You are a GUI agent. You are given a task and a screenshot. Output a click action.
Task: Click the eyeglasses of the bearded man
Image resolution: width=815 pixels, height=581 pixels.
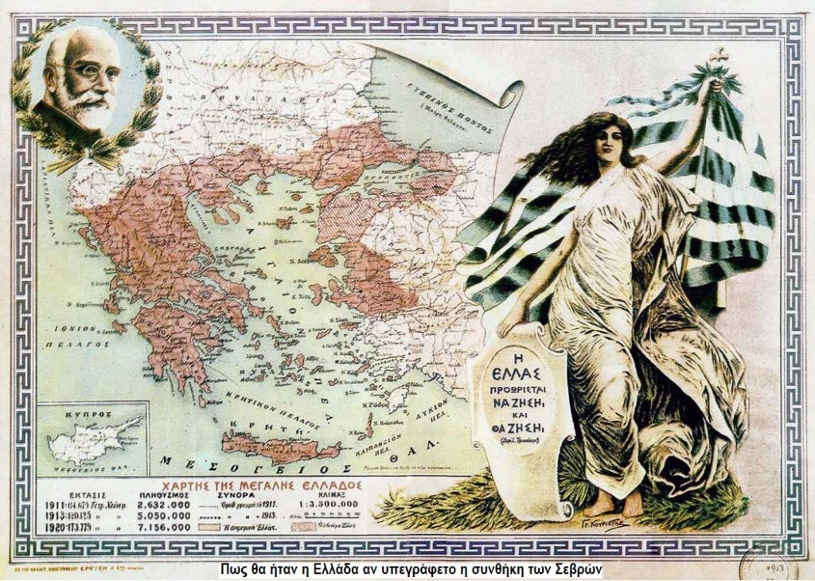(93, 73)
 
